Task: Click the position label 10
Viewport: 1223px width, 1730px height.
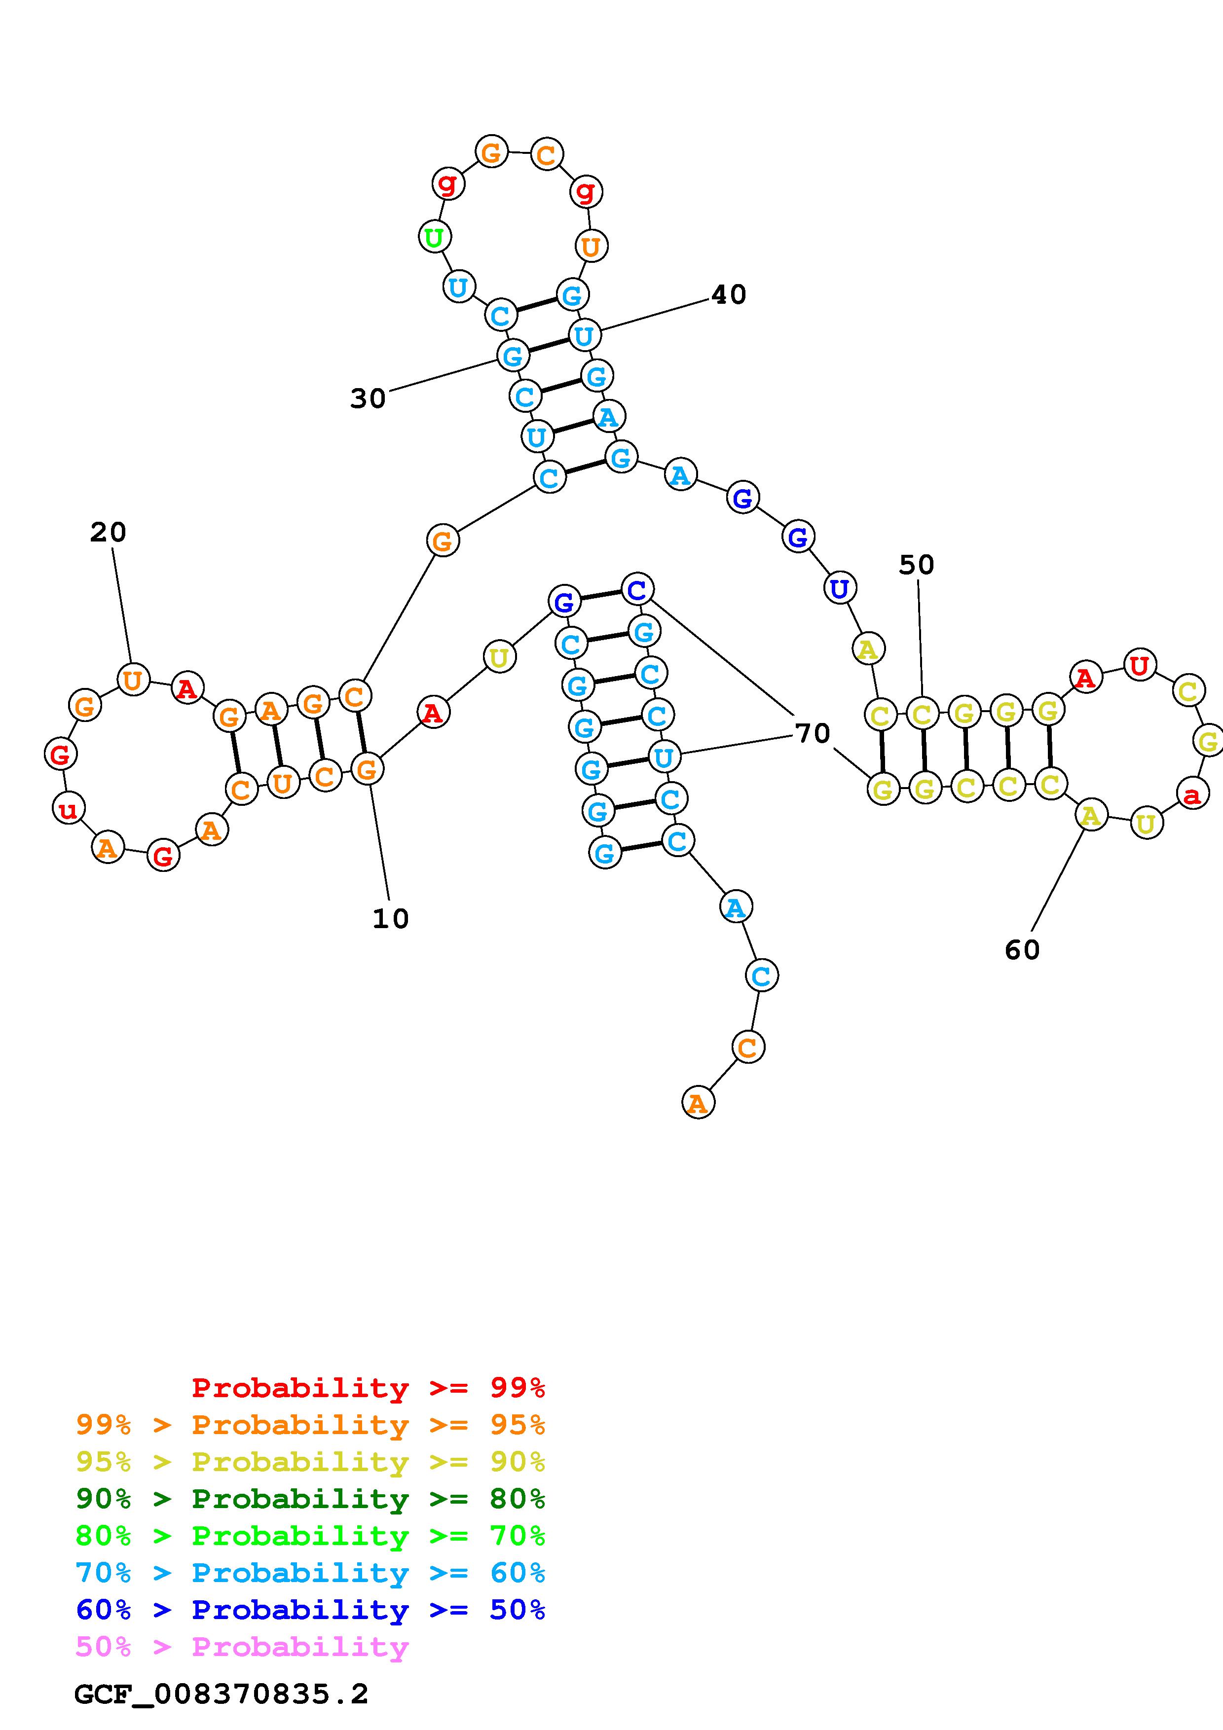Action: click(390, 918)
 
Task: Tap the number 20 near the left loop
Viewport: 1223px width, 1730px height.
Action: click(108, 533)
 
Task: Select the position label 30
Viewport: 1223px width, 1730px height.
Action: click(368, 398)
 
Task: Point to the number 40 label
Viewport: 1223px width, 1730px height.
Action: click(729, 294)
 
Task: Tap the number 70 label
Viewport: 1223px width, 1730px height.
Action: click(813, 733)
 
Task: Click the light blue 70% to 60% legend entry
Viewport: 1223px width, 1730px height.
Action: click(310, 1573)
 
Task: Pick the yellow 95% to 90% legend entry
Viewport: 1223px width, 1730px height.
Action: click(310, 1463)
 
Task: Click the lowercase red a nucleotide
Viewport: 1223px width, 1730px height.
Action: click(1192, 793)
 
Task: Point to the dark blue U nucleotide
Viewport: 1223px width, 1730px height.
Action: click(840, 588)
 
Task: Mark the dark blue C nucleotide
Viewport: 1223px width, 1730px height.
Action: click(637, 589)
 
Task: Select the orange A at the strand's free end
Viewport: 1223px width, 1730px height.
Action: click(698, 1103)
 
